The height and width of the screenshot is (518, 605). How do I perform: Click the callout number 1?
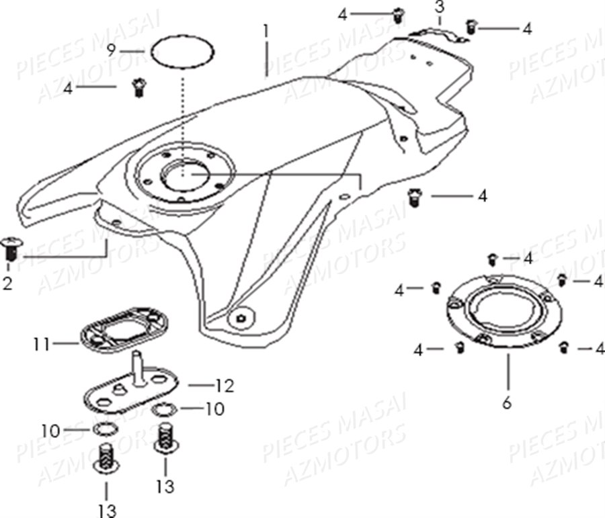(x=266, y=30)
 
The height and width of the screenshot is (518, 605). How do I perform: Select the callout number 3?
(x=439, y=9)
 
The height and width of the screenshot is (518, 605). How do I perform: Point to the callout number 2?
(x=7, y=284)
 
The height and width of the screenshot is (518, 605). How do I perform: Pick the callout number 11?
(x=42, y=345)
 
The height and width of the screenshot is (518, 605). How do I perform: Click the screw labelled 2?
(x=11, y=247)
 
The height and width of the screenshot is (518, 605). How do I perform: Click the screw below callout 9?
(x=139, y=87)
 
